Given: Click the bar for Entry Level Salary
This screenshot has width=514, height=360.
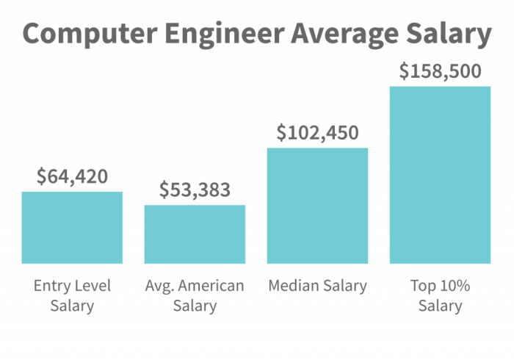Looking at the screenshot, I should (72, 227).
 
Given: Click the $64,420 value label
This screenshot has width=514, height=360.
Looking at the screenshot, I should (72, 176).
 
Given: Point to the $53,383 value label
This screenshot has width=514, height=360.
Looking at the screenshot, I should (195, 190).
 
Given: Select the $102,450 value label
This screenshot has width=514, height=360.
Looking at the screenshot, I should (317, 133).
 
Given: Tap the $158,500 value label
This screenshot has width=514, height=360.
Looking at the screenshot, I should (440, 71).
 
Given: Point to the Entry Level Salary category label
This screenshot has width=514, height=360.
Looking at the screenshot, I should (72, 295).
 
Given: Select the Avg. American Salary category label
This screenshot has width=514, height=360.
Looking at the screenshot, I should (195, 295).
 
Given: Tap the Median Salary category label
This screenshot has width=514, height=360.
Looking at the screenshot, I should (317, 286).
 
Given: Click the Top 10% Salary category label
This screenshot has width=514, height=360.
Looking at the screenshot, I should (440, 295).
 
